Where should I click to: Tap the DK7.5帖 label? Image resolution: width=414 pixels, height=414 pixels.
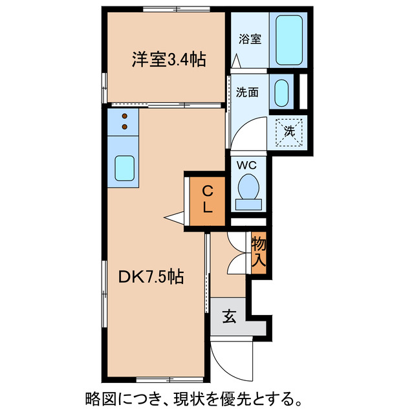coord(151,277)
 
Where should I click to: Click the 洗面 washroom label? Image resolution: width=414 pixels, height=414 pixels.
coord(247,92)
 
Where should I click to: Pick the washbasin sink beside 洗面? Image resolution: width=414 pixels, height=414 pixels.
coord(281,93)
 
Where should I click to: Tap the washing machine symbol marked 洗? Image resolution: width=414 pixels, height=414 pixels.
coord(289,131)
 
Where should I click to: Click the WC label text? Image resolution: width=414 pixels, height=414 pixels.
coord(246,165)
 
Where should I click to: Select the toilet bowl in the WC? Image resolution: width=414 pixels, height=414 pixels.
coord(248,190)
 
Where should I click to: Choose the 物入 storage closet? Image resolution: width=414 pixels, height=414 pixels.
coord(259,253)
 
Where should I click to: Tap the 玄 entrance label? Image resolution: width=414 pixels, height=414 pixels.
coord(229,316)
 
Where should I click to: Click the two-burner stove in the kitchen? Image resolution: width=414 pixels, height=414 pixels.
coord(124,121)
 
